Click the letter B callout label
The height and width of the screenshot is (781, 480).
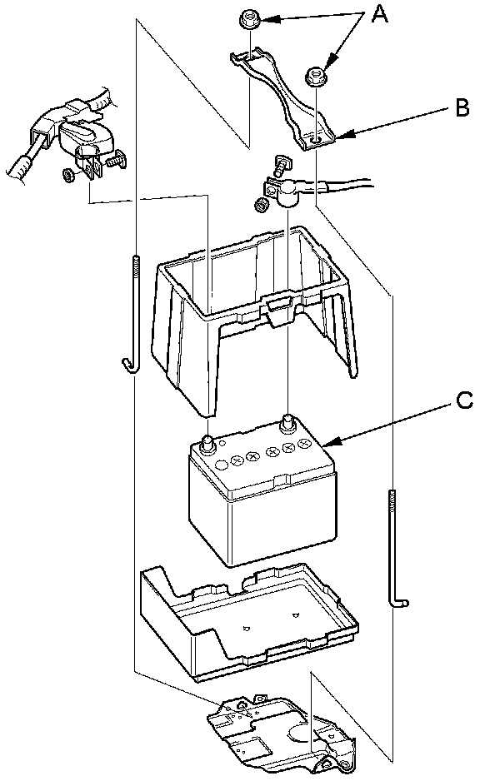coord(462,107)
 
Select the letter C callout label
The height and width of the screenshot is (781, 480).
coord(464,400)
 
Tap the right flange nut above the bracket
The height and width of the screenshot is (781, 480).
coord(314,77)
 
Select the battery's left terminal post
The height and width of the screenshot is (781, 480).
coord(207,442)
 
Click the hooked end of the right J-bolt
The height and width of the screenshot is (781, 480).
coord(399,601)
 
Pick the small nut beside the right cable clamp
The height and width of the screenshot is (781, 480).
coord(260,205)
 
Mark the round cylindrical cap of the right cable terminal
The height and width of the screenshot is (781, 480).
coord(288,194)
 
